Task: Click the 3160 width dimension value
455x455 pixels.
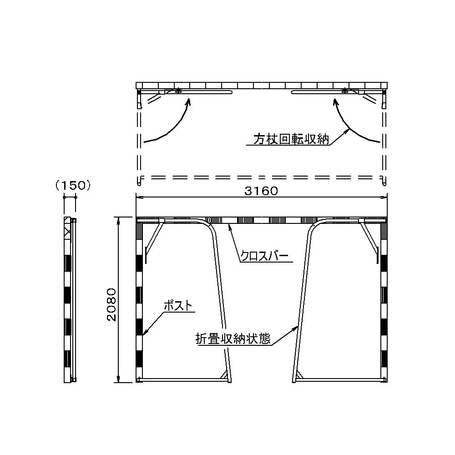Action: click(x=261, y=191)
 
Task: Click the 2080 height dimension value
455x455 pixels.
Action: click(x=111, y=304)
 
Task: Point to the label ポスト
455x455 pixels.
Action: click(x=178, y=306)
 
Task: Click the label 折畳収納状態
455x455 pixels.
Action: click(x=233, y=339)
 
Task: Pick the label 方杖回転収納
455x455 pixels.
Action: click(x=291, y=139)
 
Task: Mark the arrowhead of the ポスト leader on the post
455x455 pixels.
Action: click(x=145, y=333)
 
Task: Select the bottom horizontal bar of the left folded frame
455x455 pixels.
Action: click(x=182, y=379)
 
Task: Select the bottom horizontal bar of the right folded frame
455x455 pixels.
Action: click(x=340, y=379)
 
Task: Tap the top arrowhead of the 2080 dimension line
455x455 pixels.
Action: click(x=118, y=221)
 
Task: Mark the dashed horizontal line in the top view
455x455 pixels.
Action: click(x=262, y=177)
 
